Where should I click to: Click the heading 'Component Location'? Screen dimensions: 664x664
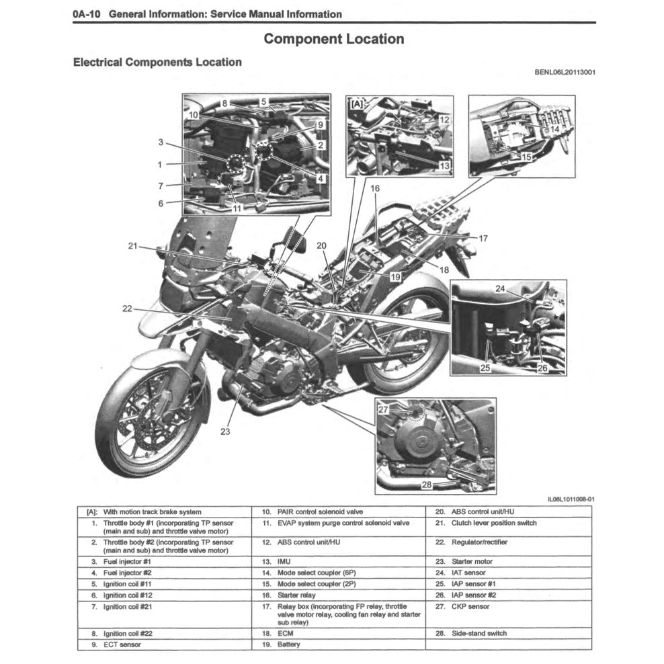333,39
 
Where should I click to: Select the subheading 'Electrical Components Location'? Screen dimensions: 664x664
157,63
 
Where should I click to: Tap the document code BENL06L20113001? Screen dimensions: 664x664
565,73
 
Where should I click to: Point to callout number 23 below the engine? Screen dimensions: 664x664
224,432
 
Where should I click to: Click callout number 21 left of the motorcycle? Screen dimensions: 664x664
133,246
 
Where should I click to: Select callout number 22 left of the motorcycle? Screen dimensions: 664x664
128,308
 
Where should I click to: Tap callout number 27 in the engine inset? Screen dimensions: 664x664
383,409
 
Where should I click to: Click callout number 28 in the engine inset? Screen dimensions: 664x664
426,485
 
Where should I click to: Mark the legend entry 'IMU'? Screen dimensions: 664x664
285,561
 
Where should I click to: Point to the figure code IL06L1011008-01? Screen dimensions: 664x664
571,499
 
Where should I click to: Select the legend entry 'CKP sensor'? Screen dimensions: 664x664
470,606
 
